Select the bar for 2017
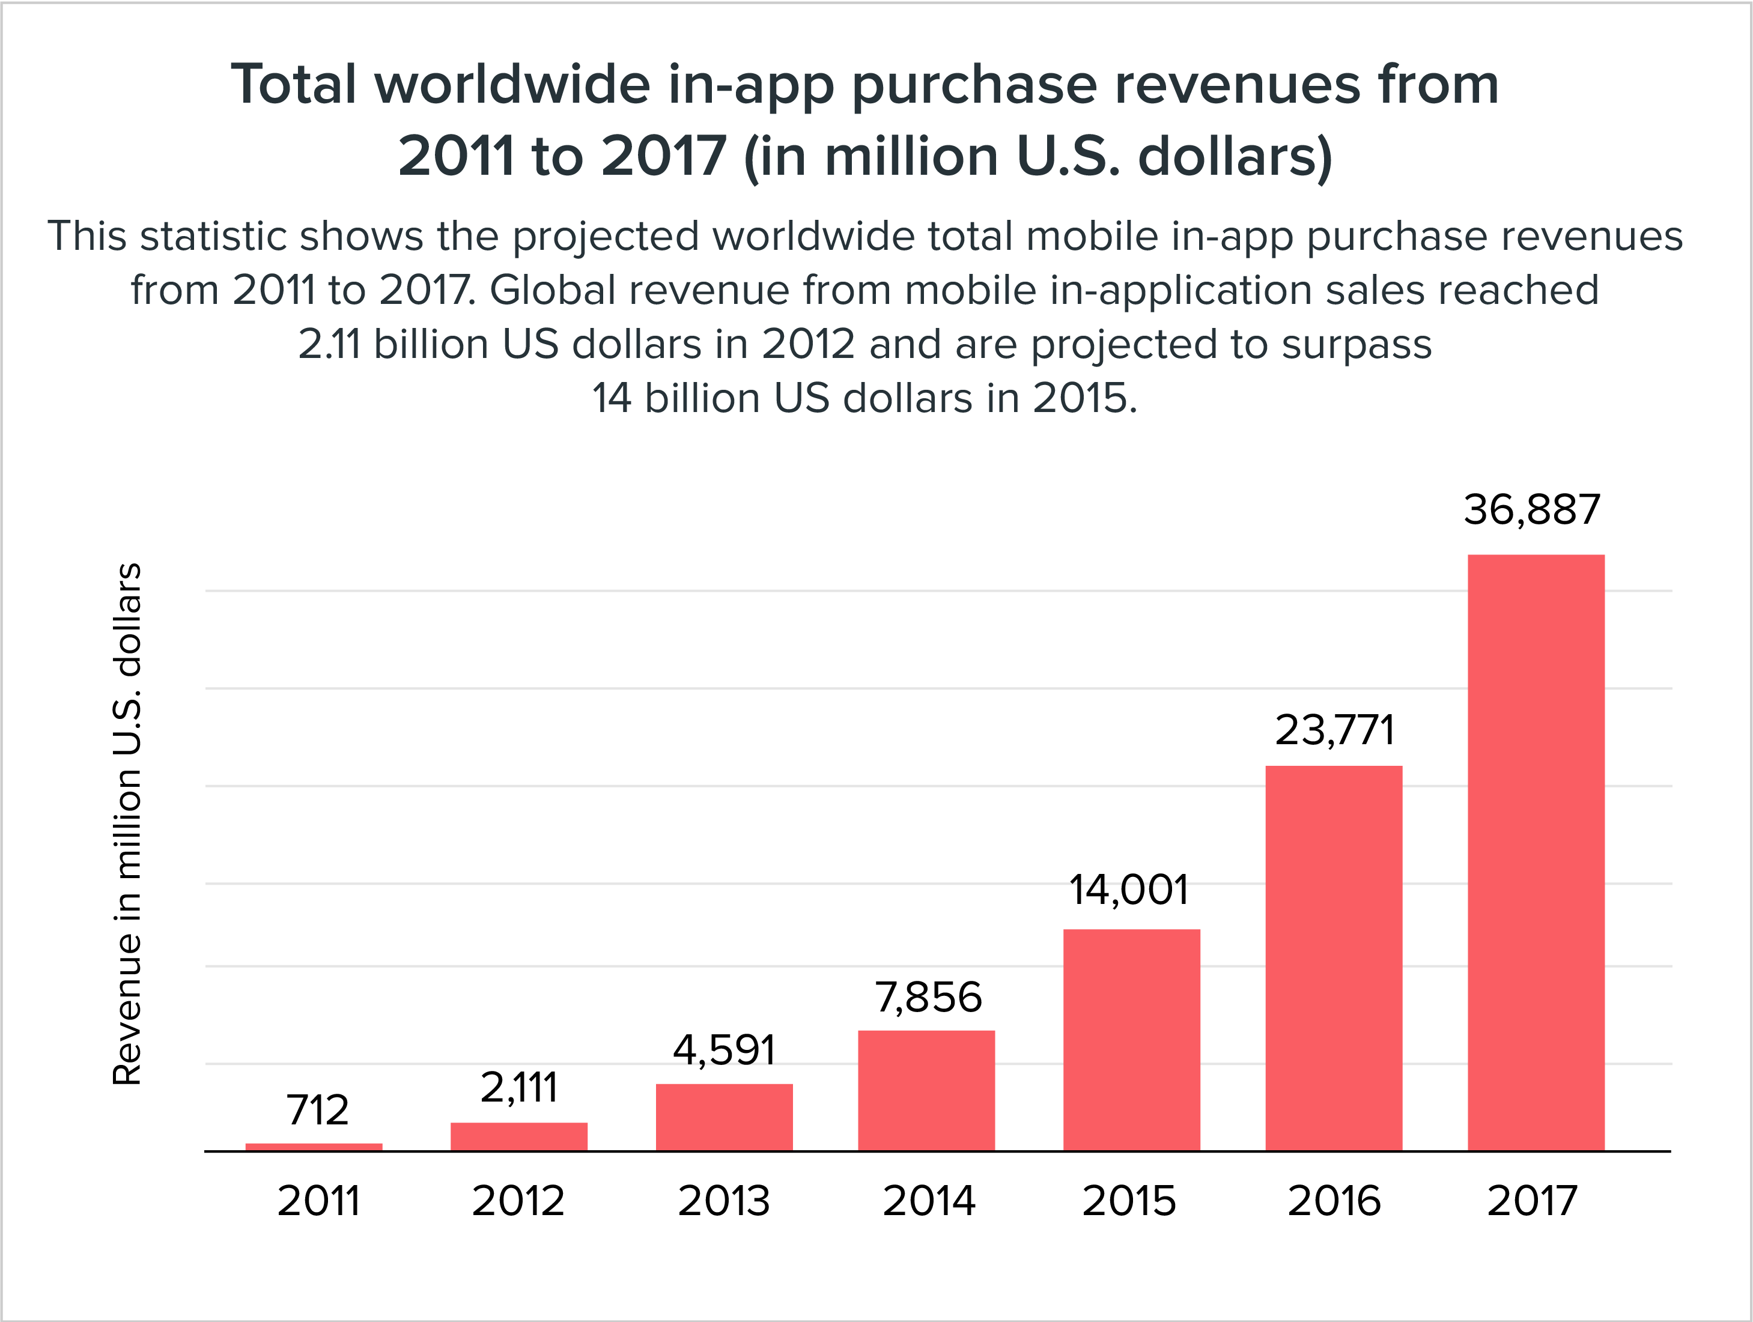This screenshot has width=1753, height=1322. point(1536,852)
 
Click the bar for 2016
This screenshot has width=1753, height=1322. point(1334,957)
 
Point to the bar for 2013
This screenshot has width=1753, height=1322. point(725,1117)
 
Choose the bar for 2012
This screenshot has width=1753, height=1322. point(519,1136)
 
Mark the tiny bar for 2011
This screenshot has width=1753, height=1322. point(314,1147)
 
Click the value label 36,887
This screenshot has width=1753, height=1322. point(1532,509)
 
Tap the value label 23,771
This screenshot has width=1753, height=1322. point(1334,730)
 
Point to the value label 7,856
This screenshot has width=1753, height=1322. point(928,997)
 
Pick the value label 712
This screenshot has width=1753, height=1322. point(317,1109)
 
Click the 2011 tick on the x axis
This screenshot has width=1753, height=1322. point(318,1201)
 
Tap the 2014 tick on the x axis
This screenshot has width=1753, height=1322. point(929,1201)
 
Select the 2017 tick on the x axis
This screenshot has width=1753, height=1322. point(1532,1201)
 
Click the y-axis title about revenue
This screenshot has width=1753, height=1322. point(127,824)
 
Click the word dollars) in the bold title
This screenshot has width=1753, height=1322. point(1235,157)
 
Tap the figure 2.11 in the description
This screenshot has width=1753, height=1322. point(329,345)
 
